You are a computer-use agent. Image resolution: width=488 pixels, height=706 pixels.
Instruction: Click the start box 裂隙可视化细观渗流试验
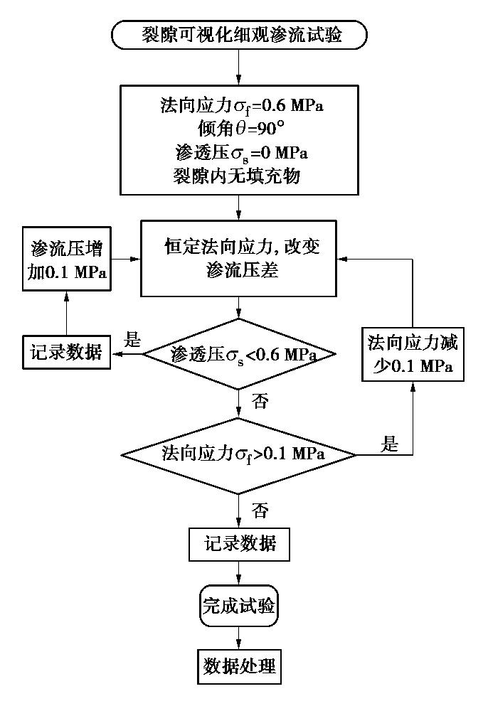tap(239, 35)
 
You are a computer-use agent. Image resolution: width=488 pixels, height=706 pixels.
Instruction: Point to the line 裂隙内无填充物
tap(239, 175)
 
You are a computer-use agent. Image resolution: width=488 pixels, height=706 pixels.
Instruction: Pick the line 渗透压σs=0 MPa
tap(239, 153)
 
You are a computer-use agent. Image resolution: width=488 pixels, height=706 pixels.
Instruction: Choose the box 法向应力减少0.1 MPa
tap(413, 355)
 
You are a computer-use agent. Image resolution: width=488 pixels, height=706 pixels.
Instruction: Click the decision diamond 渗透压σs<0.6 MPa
tap(239, 353)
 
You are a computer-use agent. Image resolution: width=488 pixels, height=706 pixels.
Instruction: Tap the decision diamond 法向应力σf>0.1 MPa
tap(239, 453)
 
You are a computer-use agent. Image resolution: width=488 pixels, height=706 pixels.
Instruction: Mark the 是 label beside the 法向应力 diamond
tap(391, 445)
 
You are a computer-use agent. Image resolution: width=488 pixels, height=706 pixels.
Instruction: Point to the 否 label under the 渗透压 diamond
tap(260, 402)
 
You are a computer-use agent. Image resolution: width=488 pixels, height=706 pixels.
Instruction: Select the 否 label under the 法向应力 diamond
tap(260, 510)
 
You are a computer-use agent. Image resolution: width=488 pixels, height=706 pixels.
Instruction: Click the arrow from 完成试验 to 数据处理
tap(239, 637)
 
